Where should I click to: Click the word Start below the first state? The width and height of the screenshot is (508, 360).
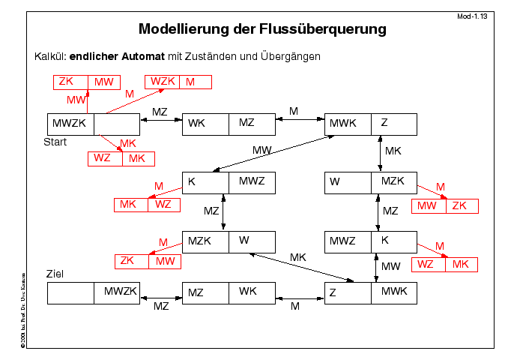click(x=55, y=141)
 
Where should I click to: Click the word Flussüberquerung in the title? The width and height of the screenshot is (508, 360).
click(x=315, y=31)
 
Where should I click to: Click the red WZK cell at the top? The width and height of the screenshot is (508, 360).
click(x=163, y=82)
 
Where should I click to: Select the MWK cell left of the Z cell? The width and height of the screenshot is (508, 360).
click(x=348, y=124)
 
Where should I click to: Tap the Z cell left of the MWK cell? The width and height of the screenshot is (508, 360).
click(x=348, y=292)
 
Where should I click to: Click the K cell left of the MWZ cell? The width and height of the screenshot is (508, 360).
click(x=205, y=182)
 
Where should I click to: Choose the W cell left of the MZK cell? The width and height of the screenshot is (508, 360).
click(x=348, y=182)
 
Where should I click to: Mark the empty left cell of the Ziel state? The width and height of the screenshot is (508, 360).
click(x=70, y=292)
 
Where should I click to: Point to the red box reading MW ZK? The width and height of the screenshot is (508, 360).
click(x=444, y=205)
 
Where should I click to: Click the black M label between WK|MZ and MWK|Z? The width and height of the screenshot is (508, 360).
click(x=293, y=112)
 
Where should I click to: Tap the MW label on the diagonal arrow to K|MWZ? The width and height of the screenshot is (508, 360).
click(x=261, y=150)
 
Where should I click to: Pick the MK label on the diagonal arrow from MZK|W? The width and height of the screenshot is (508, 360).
click(x=298, y=257)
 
